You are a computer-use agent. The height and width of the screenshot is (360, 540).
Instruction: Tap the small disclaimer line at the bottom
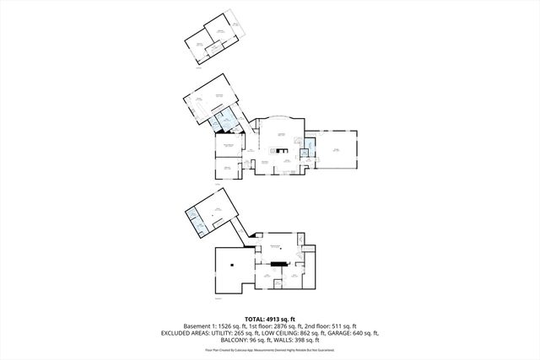270,349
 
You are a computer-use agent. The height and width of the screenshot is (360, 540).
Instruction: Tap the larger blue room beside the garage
310,148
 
